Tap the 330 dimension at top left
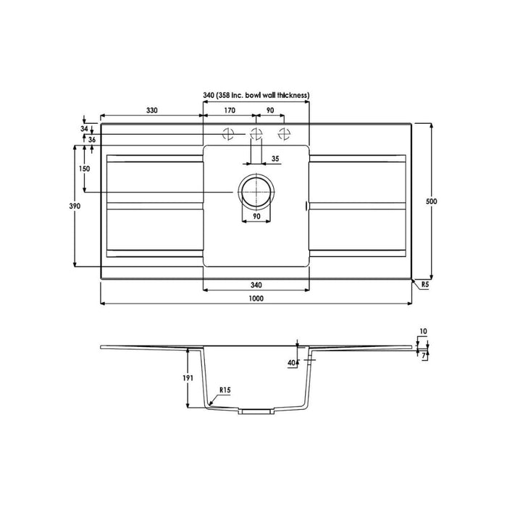(152, 111)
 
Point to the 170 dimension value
(229, 111)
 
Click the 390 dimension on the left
(64, 206)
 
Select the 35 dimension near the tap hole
(275, 158)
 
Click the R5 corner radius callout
(426, 285)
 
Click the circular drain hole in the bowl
(256, 191)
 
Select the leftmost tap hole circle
(228, 133)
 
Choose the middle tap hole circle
(255, 133)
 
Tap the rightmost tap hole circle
(283, 133)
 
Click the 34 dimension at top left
(85, 128)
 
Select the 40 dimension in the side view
(291, 361)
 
